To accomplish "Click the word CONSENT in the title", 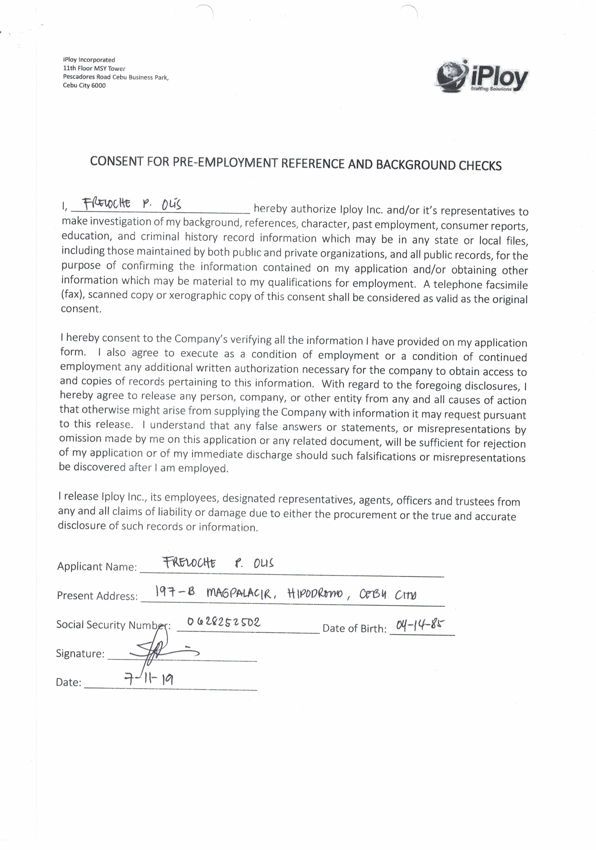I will click(x=116, y=161).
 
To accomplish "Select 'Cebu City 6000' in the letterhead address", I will click(x=84, y=86).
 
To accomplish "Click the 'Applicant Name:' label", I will click(x=97, y=566).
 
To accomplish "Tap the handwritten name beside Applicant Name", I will click(x=218, y=563).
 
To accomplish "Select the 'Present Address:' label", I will click(x=97, y=596).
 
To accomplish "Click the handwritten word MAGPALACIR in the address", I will click(x=241, y=594).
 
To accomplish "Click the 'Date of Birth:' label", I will click(x=354, y=628).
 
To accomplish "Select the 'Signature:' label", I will click(x=80, y=653).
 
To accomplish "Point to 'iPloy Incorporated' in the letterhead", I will click(x=89, y=60).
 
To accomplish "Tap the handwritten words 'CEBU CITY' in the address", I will click(x=387, y=595).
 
